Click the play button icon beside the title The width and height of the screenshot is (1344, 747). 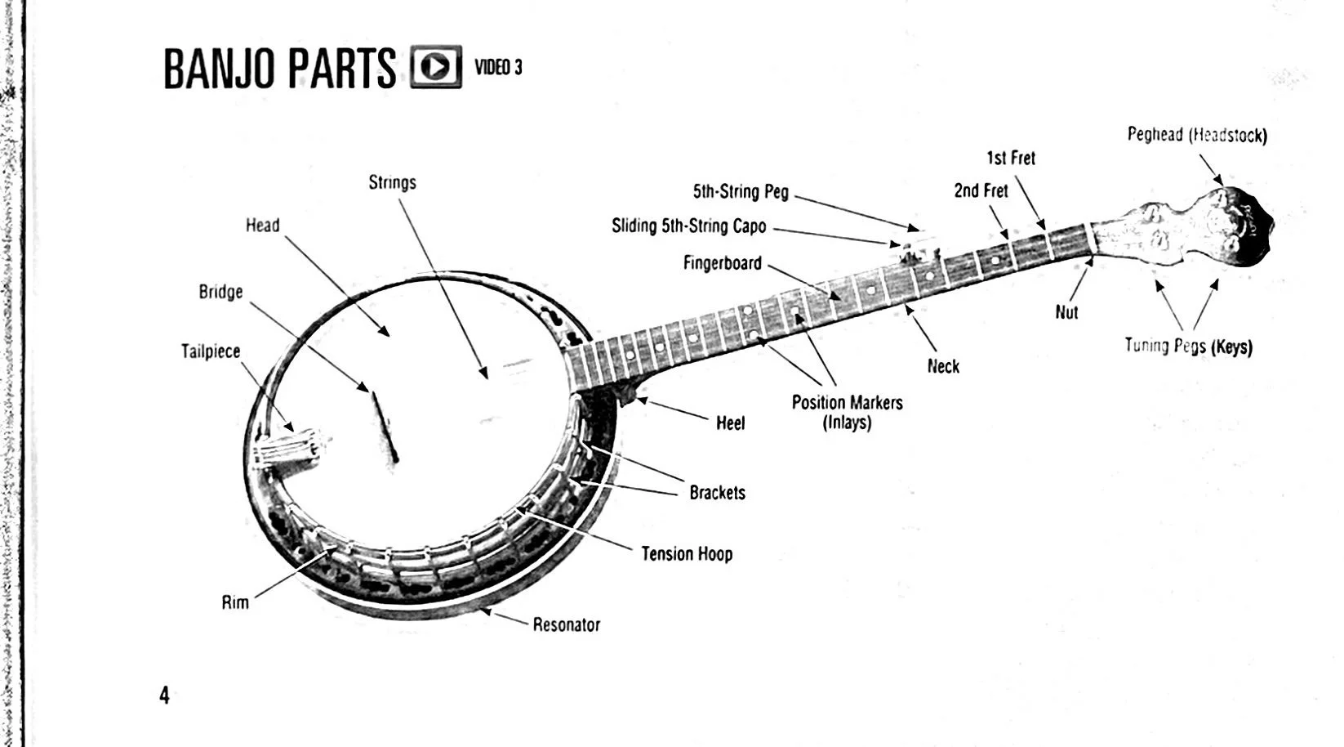[x=435, y=66]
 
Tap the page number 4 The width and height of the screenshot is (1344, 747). [x=164, y=696]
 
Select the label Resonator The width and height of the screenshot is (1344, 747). [x=566, y=625]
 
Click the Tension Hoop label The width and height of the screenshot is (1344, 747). [x=687, y=554]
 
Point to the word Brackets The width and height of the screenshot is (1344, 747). [x=717, y=493]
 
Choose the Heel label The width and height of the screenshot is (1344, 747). [x=730, y=423]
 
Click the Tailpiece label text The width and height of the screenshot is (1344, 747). [x=211, y=351]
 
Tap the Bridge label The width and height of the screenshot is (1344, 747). [x=220, y=292]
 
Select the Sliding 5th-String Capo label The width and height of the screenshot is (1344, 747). [x=688, y=226]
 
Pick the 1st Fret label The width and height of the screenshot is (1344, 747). [x=1011, y=158]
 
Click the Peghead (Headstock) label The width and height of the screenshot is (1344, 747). [x=1197, y=135]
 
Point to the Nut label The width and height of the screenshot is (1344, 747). [x=1066, y=312]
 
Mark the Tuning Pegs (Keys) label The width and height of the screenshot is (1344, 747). [x=1188, y=346]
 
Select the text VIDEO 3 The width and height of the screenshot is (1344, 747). [x=498, y=67]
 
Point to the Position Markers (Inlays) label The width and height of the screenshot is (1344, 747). [x=847, y=412]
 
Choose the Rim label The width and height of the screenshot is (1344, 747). [x=235, y=603]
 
